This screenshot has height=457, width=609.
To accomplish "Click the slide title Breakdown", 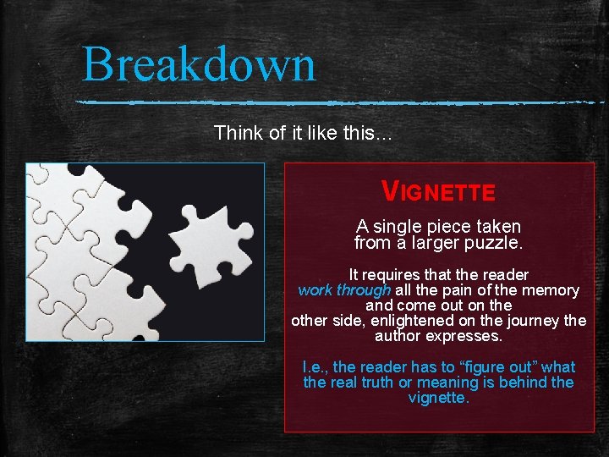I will point(199,64).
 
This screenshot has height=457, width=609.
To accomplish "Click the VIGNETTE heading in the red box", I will point(438,191).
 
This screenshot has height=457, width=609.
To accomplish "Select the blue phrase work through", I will point(344,290).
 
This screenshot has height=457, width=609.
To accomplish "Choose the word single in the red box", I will point(403,227).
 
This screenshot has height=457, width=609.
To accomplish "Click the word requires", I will point(391,275).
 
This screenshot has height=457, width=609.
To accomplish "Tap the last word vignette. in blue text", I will point(438,398).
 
